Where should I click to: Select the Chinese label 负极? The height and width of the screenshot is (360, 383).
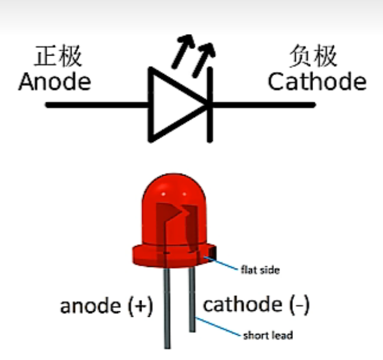[313, 57]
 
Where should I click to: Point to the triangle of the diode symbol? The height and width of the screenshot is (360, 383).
[173, 105]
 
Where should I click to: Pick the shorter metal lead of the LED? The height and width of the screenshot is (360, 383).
[192, 300]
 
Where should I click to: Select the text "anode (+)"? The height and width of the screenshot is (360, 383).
[106, 306]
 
